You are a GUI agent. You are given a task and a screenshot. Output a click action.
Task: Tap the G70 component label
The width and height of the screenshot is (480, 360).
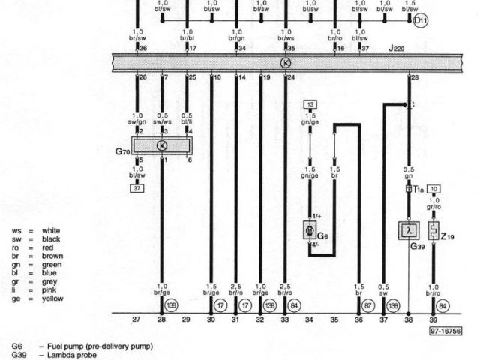pos(122,151)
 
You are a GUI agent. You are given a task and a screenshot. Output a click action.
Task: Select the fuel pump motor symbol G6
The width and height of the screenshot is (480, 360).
pos(310,229)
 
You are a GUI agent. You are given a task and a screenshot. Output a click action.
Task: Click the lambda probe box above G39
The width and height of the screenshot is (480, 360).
pos(408,230)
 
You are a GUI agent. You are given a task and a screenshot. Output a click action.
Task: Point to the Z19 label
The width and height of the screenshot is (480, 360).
pos(448,238)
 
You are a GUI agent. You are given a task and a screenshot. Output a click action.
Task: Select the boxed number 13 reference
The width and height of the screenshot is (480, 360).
pos(310,104)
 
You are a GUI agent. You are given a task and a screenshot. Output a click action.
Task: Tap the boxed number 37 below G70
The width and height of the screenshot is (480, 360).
pos(137,188)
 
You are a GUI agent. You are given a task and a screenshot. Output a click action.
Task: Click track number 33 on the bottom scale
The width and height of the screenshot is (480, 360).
pos(285,319)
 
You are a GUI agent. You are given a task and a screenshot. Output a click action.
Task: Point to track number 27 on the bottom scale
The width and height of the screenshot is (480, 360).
pos(136,319)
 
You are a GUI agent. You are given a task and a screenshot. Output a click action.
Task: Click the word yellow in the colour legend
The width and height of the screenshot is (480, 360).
pos(53,298)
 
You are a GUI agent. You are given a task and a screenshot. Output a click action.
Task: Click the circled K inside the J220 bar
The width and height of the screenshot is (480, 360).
pos(285,63)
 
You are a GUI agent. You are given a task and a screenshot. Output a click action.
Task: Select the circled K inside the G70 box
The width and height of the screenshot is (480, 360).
pos(162,145)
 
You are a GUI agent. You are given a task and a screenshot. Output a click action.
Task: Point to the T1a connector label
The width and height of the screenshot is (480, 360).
pos(418,190)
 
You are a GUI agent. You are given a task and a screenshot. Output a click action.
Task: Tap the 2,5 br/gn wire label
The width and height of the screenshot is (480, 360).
pos(236,289)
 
